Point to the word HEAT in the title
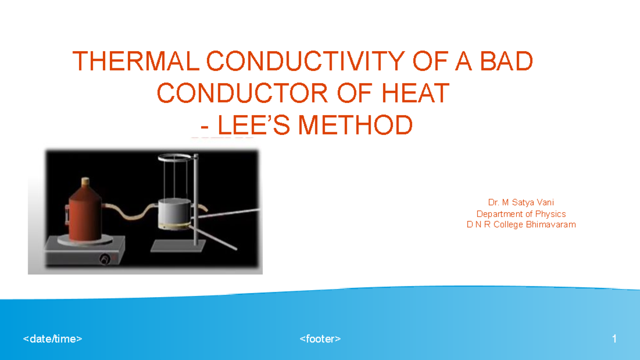point(416,94)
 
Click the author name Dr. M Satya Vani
point(521,203)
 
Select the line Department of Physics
point(521,214)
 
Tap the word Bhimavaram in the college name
point(551,225)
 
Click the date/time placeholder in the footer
point(53,339)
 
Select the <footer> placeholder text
point(320,339)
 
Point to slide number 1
point(614,339)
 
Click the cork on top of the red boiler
point(85,181)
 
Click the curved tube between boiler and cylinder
point(131,212)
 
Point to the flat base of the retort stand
point(178,246)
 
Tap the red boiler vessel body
point(85,213)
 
